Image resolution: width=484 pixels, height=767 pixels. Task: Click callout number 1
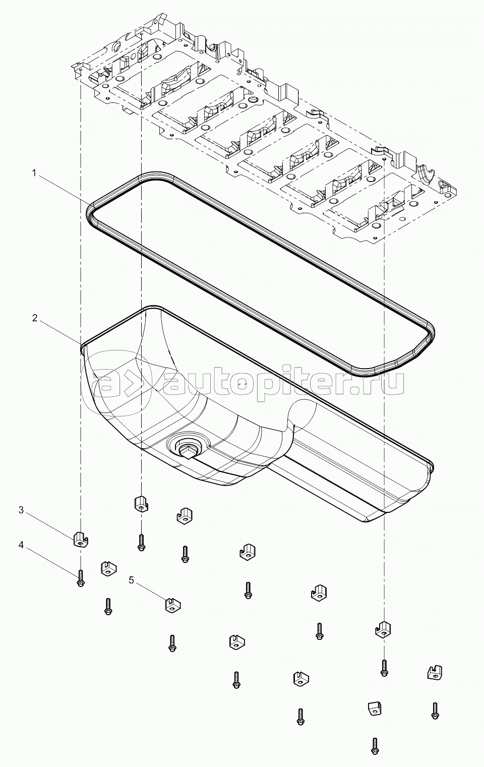(34, 173)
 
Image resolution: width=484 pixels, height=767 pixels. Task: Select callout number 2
(35, 318)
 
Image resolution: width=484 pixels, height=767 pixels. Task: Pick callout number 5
(132, 580)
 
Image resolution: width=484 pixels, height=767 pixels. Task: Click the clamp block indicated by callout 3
(81, 539)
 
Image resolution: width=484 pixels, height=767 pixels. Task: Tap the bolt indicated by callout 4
(81, 578)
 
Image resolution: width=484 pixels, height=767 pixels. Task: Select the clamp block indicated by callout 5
(173, 605)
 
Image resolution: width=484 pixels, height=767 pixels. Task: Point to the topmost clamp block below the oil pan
(140, 504)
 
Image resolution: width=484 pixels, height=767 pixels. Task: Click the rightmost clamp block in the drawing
(435, 672)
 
